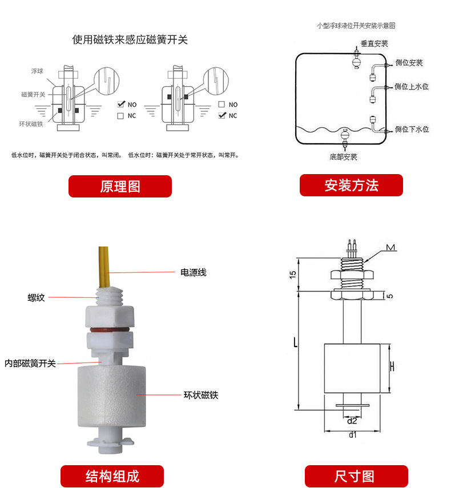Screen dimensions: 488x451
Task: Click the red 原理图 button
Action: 120,186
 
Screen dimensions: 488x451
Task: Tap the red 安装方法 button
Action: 351,185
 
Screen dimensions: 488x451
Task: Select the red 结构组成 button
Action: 112,475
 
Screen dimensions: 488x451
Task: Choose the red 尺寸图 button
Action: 356,475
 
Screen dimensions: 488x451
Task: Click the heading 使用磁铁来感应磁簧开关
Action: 130,40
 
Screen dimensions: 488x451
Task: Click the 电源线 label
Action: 193,272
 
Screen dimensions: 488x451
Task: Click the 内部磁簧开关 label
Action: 30,363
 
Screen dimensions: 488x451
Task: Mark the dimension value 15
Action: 293,275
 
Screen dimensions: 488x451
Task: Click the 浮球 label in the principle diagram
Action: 37,71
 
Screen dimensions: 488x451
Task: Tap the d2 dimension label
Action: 352,421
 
